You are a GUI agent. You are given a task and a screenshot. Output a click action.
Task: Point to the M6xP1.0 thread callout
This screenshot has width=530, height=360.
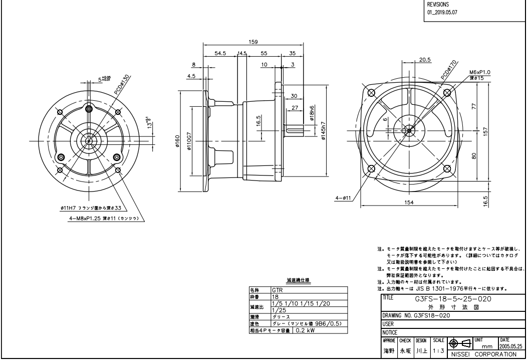(480, 72)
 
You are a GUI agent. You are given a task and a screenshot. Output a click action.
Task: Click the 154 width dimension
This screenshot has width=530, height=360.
(409, 202)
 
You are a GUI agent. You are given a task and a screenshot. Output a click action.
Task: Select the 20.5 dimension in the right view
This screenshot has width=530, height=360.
(425, 60)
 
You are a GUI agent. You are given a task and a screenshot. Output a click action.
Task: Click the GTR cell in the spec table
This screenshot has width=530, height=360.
(278, 290)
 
